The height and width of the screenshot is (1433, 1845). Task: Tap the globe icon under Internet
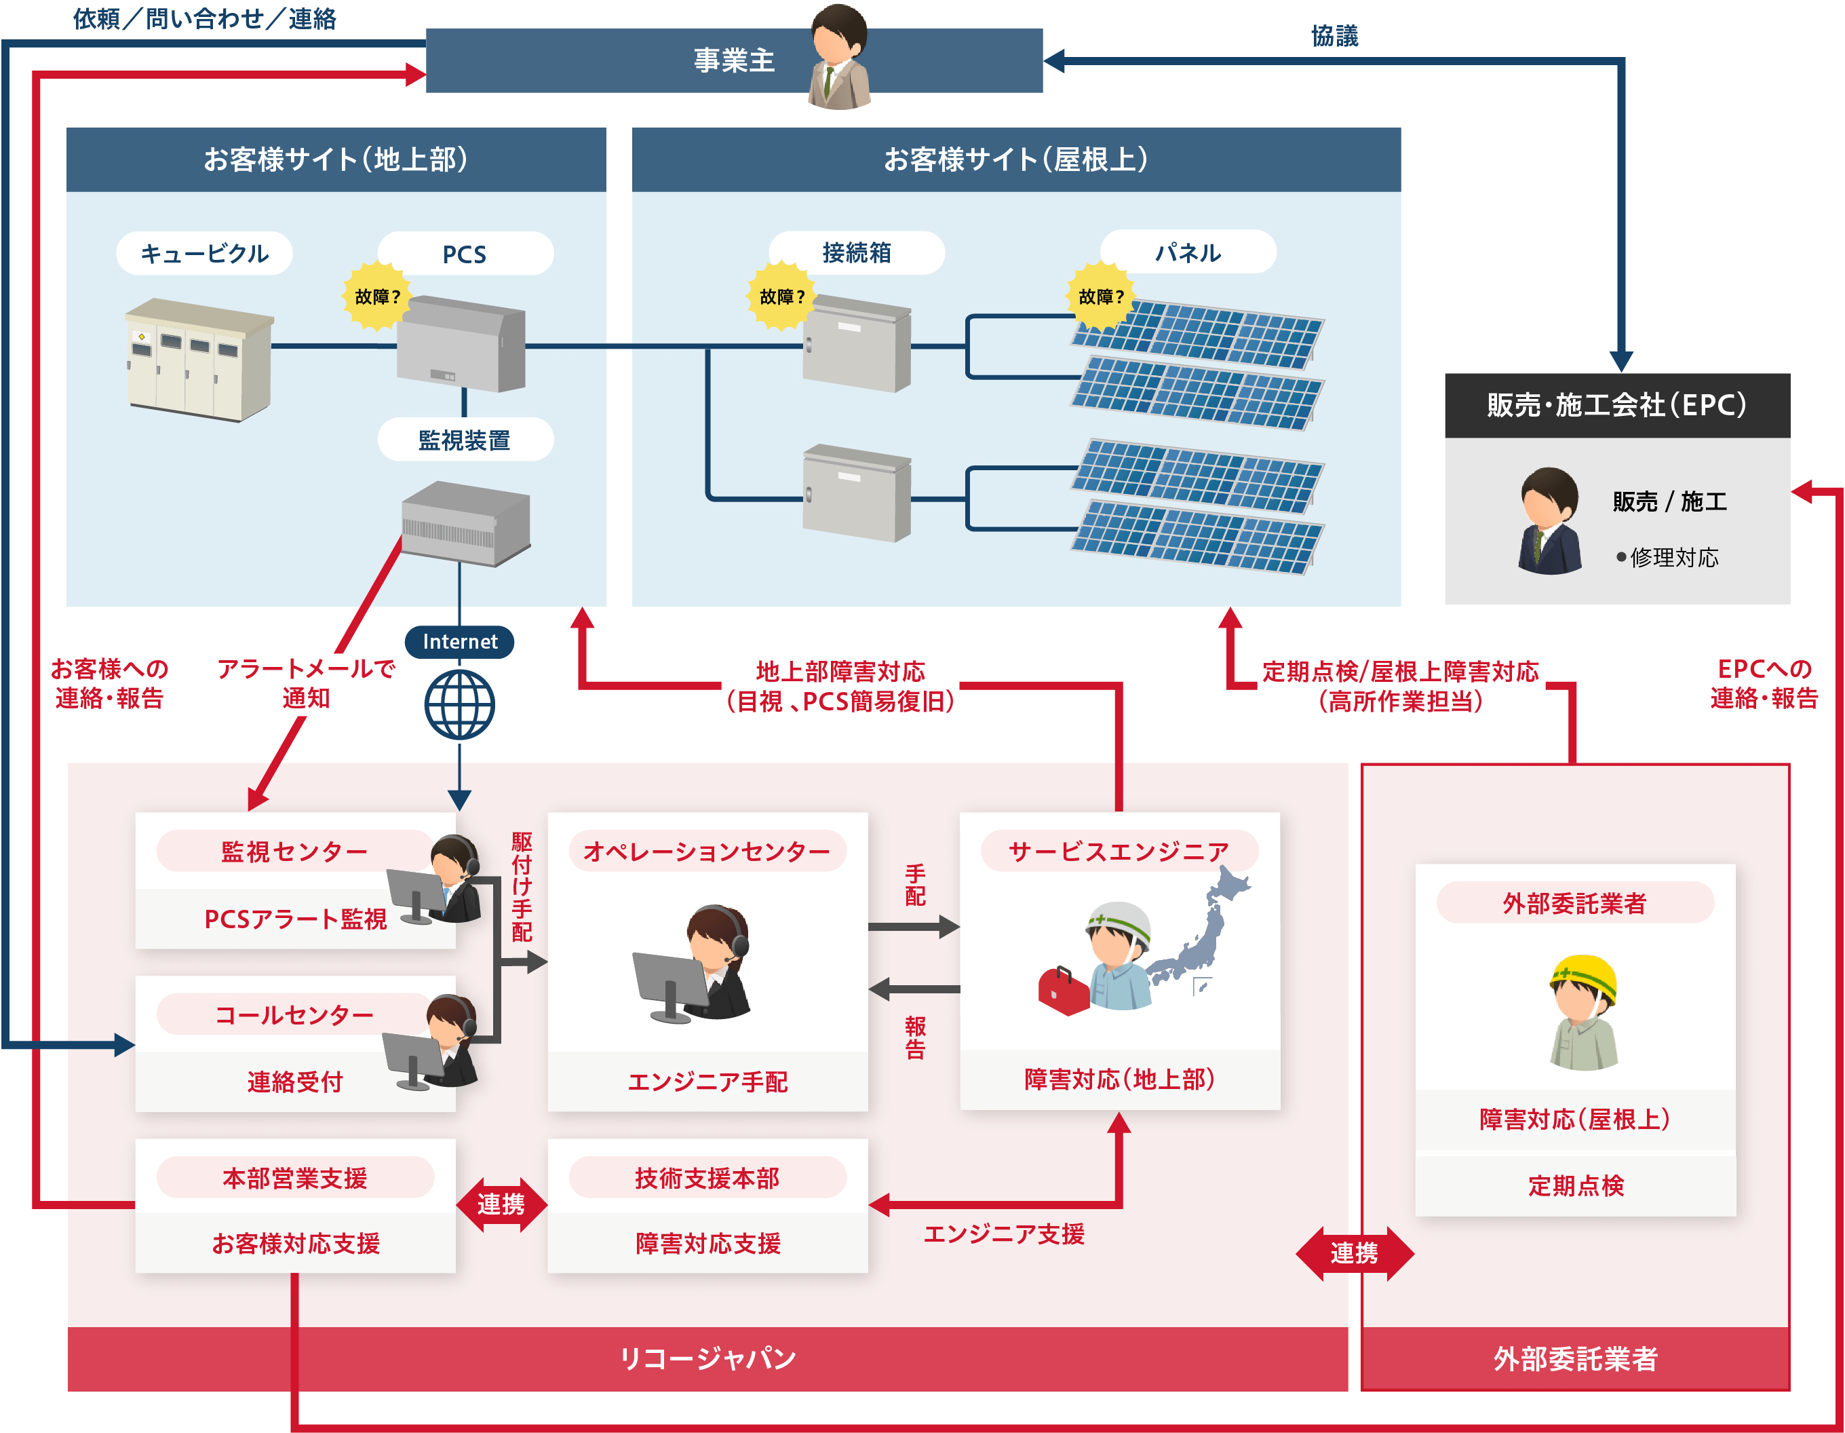pos(460,705)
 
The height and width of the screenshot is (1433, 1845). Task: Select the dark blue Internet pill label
pos(460,641)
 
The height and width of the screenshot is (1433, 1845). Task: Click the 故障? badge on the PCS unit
pos(376,297)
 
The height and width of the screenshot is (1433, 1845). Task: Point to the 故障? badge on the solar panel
pos(1101,297)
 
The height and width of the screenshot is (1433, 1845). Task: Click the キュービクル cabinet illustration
pos(199,360)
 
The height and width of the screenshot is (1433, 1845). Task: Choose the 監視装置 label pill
pos(465,440)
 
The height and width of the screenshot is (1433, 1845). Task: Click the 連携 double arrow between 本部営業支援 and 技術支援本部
pos(501,1204)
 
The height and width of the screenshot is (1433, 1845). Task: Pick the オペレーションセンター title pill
pos(707,851)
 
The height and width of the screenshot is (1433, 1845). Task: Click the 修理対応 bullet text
pos(1673,558)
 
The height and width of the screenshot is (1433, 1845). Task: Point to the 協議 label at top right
pos(1334,35)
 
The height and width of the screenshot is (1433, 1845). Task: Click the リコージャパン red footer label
pos(707,1358)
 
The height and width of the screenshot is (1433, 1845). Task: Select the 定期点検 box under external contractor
pos(1574,1185)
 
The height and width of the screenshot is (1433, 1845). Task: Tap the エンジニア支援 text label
pos(1004,1234)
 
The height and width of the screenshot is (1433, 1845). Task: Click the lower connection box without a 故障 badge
pos(856,493)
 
